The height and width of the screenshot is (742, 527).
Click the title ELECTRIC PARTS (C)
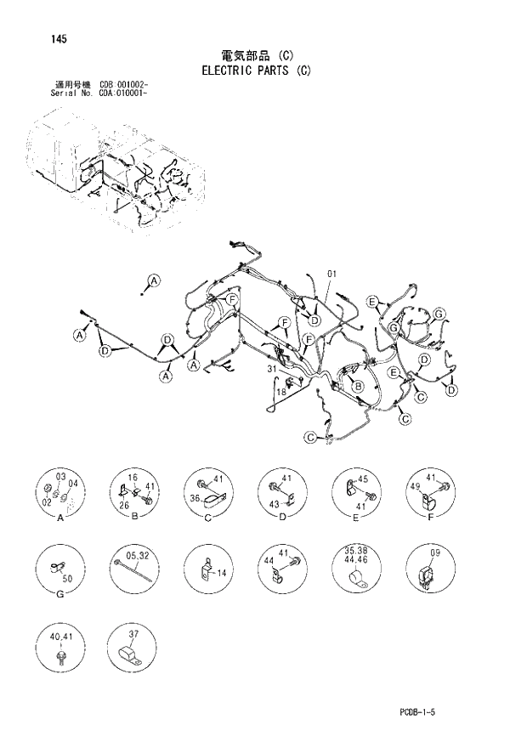pos(257,71)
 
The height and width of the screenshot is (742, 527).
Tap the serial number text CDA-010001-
pos(125,94)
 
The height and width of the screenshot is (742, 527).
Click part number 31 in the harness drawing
pos(272,369)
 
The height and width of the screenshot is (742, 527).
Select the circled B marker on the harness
pos(359,387)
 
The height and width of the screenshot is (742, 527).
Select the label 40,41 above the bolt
pos(59,637)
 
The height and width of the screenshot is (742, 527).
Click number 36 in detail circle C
pos(194,498)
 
